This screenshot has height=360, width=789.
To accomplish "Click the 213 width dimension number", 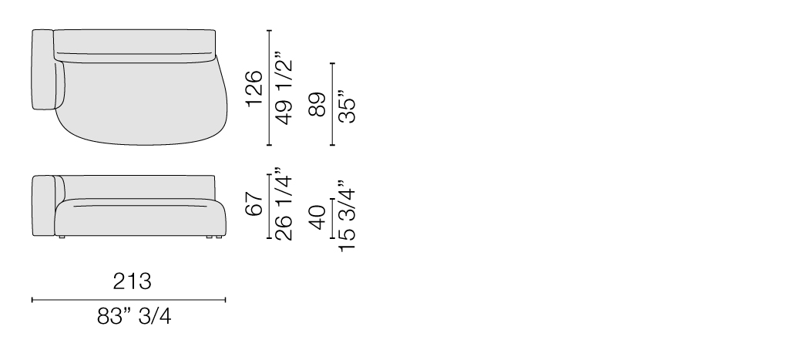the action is [x=132, y=281].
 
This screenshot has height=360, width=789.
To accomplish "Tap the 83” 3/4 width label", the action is [x=134, y=317].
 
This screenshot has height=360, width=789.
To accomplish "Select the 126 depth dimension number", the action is [x=254, y=89].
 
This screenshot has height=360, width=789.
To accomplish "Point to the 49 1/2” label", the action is [x=284, y=88].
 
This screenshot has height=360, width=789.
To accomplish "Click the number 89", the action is [x=317, y=105].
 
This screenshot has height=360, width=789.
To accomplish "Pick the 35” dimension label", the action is [x=347, y=106].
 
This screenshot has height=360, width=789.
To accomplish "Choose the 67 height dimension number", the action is [x=254, y=204].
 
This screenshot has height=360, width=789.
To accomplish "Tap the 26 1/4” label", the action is [x=284, y=204].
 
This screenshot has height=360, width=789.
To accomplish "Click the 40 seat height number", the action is [x=317, y=217].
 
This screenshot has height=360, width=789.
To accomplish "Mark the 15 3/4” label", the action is [x=347, y=216].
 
